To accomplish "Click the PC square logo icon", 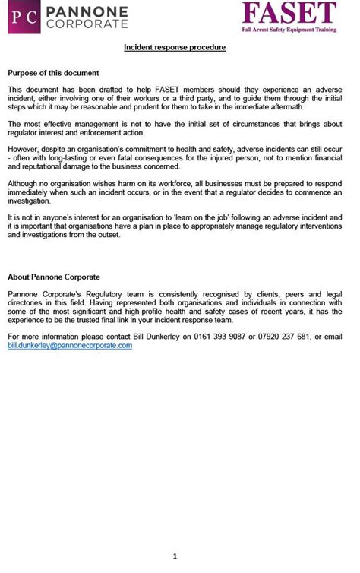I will (x=24, y=17).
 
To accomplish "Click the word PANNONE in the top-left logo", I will (x=87, y=11).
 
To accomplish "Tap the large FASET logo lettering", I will (x=289, y=13).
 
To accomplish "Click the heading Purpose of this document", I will (x=53, y=73).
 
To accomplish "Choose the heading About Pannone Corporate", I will (x=54, y=277).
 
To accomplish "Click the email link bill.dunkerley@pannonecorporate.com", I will (x=70, y=345).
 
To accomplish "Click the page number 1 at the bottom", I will (x=175, y=556).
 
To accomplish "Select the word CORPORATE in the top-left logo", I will (x=87, y=24).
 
